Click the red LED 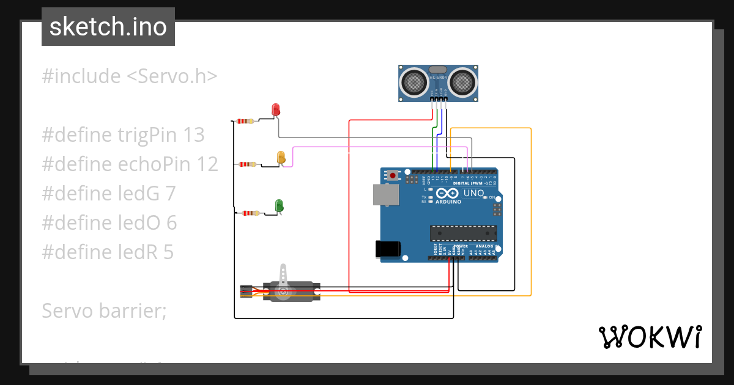point(276,110)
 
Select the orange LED point(281,157)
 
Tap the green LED point(279,205)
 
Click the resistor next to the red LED point(245,121)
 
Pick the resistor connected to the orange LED point(248,164)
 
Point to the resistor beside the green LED point(250,213)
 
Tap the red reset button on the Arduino point(392,176)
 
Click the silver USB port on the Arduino point(386,195)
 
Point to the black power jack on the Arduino point(387,249)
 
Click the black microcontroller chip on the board point(462,233)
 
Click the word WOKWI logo point(650,337)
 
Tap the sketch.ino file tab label point(108,27)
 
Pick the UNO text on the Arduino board point(474,193)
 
